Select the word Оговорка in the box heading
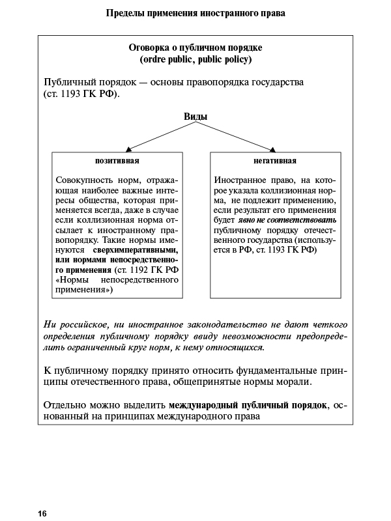click(x=151, y=48)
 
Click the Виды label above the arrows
click(x=195, y=117)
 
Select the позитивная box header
click(x=117, y=160)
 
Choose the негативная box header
click(x=275, y=160)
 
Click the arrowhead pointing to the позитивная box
click(x=129, y=149)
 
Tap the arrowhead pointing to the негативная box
click(x=273, y=149)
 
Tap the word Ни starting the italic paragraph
click(x=50, y=324)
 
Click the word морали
click(x=295, y=382)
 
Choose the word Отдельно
click(x=65, y=405)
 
